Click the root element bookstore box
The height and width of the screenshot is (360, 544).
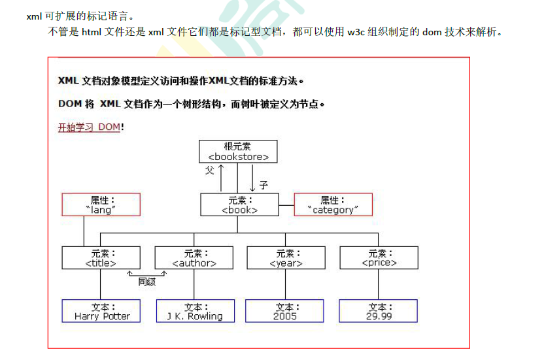coord(238,152)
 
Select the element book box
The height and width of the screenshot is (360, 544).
coord(239,205)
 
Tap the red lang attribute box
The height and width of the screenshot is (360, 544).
coord(101,205)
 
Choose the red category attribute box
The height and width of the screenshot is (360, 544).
coord(333,205)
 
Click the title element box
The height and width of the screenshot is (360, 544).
coord(101,258)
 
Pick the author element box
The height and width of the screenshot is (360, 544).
coord(194,258)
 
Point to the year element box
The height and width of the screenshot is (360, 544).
coord(286,258)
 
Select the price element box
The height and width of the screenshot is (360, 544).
coord(379,258)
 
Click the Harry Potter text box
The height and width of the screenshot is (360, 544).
coord(101,311)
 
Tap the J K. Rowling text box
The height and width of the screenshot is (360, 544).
coord(194,311)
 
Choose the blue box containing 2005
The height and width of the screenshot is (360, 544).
coord(284,311)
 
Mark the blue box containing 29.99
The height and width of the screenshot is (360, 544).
coord(378,311)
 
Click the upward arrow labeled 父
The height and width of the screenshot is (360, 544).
coord(221,176)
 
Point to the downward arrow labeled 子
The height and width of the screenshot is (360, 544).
coord(252,178)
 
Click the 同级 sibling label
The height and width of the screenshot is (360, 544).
coord(146,282)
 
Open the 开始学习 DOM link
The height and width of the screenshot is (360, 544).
coord(89,127)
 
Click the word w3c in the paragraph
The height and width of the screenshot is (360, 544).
coord(356,32)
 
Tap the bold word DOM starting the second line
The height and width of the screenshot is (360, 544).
coord(70,104)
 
